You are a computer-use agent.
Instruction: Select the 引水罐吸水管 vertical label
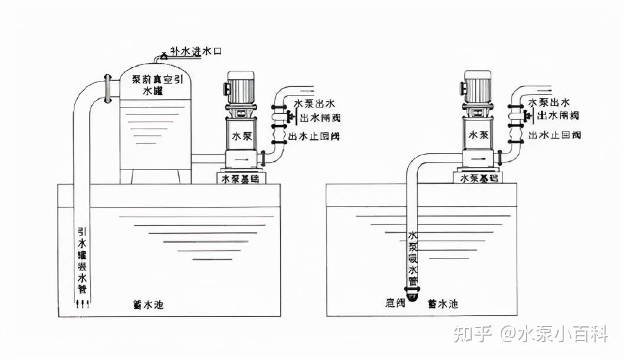[83, 260]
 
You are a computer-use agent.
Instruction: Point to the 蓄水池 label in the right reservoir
[442, 304]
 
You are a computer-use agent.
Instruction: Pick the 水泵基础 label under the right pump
[478, 177]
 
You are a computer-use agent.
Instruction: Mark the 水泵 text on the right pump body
[478, 135]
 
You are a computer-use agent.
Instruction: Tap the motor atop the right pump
[478, 86]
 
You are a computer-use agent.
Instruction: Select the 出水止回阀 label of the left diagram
[314, 136]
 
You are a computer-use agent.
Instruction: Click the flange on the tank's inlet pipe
[107, 89]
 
